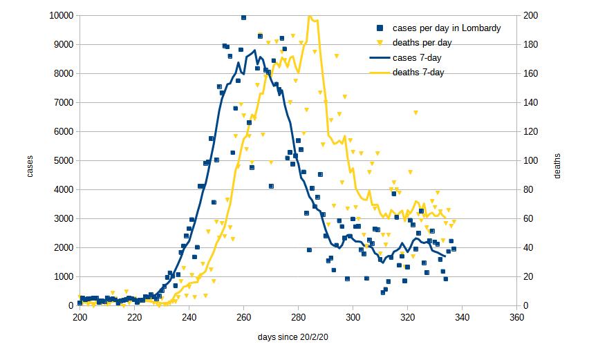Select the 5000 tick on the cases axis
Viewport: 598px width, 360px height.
point(65,160)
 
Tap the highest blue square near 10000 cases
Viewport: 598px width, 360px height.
point(243,17)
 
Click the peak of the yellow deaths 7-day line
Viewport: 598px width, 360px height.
point(310,16)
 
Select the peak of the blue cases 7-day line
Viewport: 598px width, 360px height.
point(254,50)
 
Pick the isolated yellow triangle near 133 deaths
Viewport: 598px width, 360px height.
point(415,112)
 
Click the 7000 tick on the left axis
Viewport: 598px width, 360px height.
point(65,102)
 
